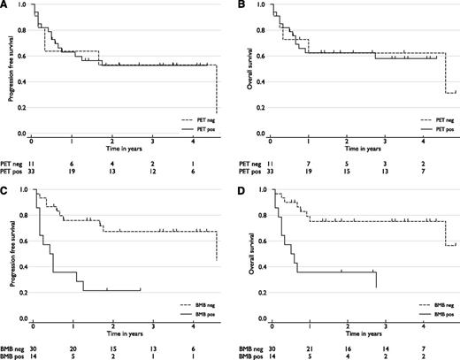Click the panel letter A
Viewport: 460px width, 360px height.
click(x=5, y=5)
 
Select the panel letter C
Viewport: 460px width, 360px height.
click(x=5, y=187)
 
